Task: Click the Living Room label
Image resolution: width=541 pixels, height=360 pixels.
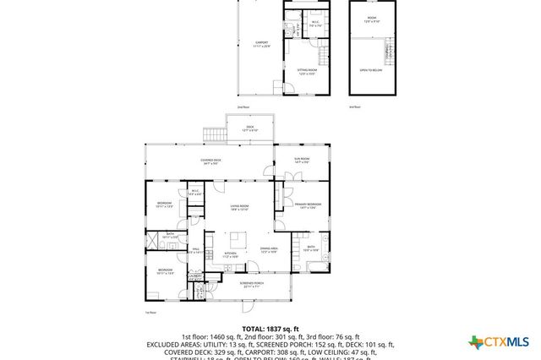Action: tap(239, 207)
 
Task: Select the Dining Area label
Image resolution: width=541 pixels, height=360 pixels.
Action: tap(270, 250)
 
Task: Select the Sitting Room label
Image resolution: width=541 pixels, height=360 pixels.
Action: tap(306, 72)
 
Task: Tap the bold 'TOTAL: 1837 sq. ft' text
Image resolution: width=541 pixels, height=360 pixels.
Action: tap(270, 328)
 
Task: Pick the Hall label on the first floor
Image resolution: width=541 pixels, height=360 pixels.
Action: tap(195, 249)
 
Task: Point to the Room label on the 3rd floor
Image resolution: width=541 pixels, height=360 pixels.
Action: tap(371, 19)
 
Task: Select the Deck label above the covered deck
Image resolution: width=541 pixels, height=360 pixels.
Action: tap(249, 128)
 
